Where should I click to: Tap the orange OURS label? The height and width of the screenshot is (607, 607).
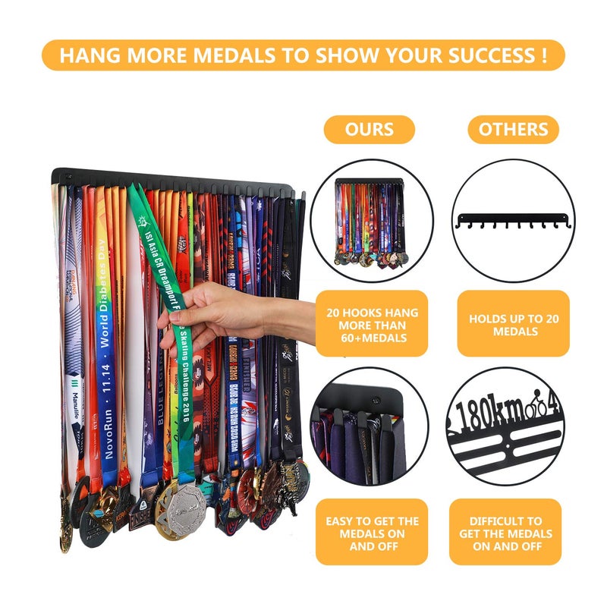coord(370,129)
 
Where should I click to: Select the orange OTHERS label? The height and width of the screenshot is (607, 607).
coord(514,129)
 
